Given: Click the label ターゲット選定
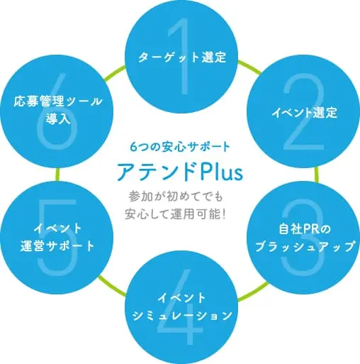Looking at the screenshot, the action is pos(182,57).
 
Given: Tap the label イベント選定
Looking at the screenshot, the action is pos(304,113).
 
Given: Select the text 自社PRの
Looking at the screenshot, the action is pos(305,229).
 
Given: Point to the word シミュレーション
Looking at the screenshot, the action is pos(182,316).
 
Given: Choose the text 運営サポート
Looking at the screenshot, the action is pos(57,246).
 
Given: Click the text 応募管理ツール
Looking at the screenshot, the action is pos(57,101).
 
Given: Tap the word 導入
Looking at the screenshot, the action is pos(58,118).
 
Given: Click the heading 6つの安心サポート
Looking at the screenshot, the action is pos(180,147).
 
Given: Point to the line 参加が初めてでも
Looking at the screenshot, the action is pos(176,197).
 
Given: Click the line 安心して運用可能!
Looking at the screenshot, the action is pos(175,214).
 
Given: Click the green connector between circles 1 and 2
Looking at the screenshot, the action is pos(249,67).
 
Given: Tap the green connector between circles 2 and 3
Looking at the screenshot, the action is pos(316,175).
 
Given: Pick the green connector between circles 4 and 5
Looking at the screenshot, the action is pos(112,286).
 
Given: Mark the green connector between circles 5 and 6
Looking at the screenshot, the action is pos(57,175).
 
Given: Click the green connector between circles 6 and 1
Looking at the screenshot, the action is pos(114,73).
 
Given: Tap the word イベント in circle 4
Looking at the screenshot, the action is pos(182,298).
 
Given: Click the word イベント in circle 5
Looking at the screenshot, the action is pos(57,228).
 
